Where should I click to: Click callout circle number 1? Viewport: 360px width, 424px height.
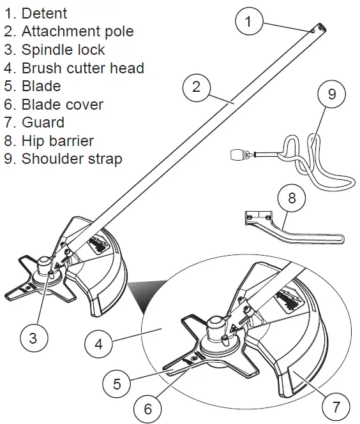click(x=249, y=22)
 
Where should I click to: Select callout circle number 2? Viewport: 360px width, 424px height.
click(x=196, y=87)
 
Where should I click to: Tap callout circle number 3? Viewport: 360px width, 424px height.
click(x=33, y=337)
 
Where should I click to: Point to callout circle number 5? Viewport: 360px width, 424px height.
click(x=117, y=384)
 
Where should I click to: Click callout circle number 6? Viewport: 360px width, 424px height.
click(x=148, y=409)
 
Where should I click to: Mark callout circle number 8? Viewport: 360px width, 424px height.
click(x=292, y=198)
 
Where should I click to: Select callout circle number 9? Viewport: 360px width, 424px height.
click(x=331, y=94)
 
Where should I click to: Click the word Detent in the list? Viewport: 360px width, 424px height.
click(x=44, y=13)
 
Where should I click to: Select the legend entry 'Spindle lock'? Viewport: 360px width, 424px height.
click(x=63, y=49)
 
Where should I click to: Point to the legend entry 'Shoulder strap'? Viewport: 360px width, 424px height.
click(x=71, y=159)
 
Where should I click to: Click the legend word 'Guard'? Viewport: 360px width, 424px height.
click(x=43, y=122)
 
